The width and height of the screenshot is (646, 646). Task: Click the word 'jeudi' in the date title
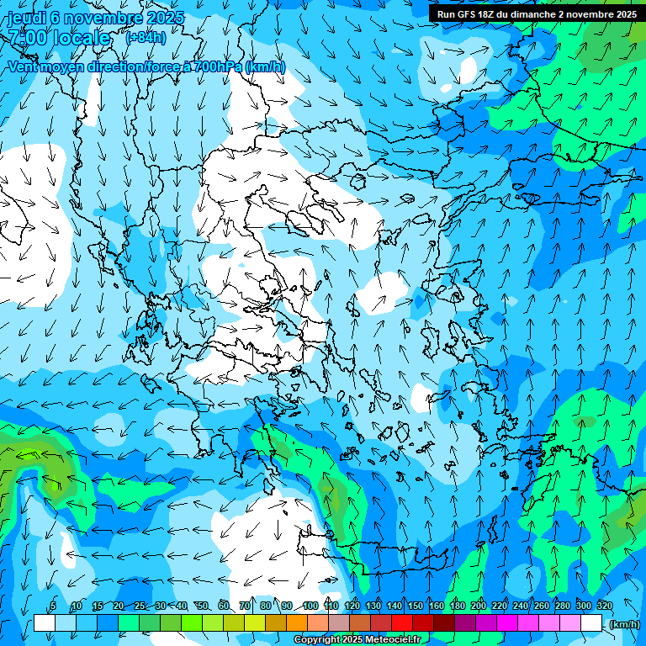click(27, 18)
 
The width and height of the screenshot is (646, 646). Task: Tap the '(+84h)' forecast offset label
click(146, 38)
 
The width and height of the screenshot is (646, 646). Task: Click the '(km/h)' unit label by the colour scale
click(623, 624)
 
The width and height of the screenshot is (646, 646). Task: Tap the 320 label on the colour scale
click(604, 606)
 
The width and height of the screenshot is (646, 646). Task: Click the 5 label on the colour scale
click(53, 606)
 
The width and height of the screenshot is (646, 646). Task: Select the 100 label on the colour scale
click(310, 606)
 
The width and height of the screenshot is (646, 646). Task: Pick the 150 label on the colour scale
click(415, 606)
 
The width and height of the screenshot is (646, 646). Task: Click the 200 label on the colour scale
click(478, 606)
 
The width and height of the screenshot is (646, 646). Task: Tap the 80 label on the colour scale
click(266, 606)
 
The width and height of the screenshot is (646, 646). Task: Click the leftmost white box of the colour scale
click(45, 623)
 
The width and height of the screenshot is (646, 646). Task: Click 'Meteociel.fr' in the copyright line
click(393, 640)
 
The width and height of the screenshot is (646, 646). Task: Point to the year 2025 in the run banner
click(624, 14)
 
